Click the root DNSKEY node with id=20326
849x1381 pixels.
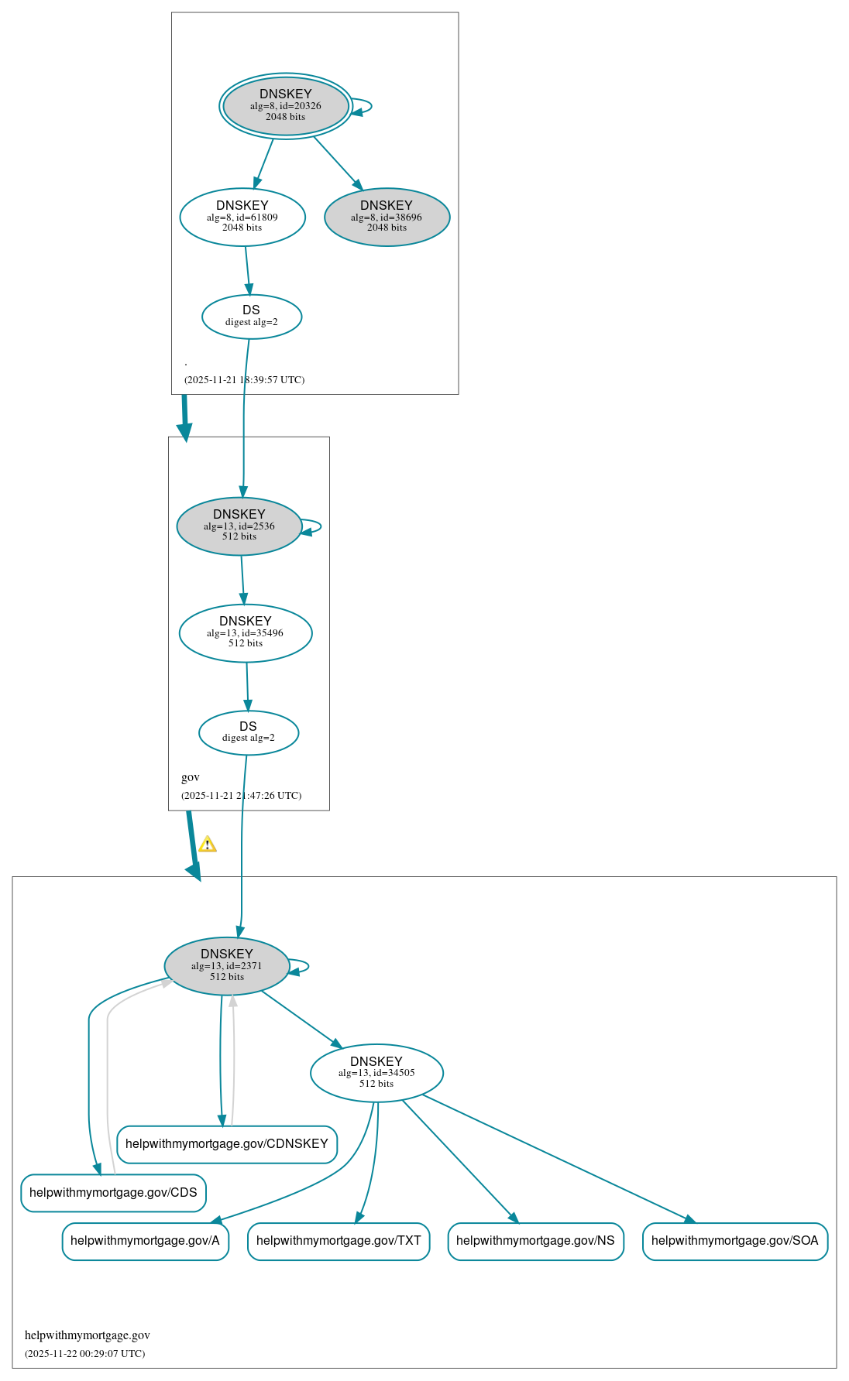(285, 106)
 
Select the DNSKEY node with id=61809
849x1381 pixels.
(242, 218)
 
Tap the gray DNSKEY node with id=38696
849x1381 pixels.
(387, 218)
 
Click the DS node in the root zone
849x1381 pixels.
(251, 317)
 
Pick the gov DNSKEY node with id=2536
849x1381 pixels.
(239, 526)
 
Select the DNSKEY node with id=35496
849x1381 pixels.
(245, 633)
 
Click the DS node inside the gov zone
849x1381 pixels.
(248, 732)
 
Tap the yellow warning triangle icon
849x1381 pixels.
(208, 845)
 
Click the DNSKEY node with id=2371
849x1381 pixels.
(226, 966)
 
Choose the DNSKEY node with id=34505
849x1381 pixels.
(376, 1073)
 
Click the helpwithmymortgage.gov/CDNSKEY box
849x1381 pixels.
(227, 1144)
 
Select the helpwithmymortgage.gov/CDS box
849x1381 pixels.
(113, 1193)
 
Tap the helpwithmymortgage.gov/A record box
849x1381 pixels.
(145, 1241)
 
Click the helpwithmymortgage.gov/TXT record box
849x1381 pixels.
(339, 1241)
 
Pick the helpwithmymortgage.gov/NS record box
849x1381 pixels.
(535, 1241)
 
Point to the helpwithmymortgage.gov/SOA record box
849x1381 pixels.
(734, 1241)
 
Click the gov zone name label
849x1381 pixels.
(191, 777)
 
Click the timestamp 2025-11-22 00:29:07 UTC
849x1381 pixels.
(85, 1354)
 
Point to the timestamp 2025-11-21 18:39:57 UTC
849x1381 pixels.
(244, 380)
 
